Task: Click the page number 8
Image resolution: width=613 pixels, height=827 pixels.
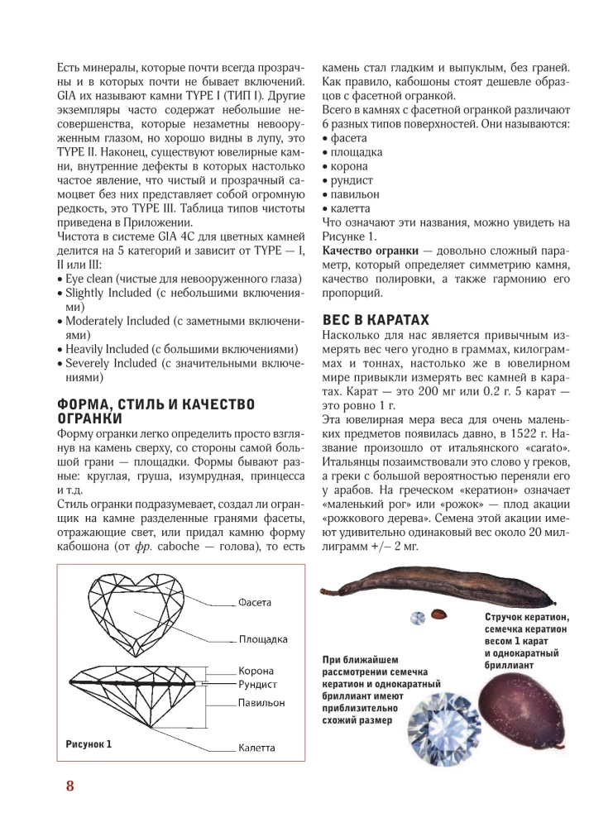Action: coord(69,785)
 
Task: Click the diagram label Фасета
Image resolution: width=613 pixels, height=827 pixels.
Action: coord(254,602)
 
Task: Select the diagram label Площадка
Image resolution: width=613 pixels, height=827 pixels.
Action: coord(262,638)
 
